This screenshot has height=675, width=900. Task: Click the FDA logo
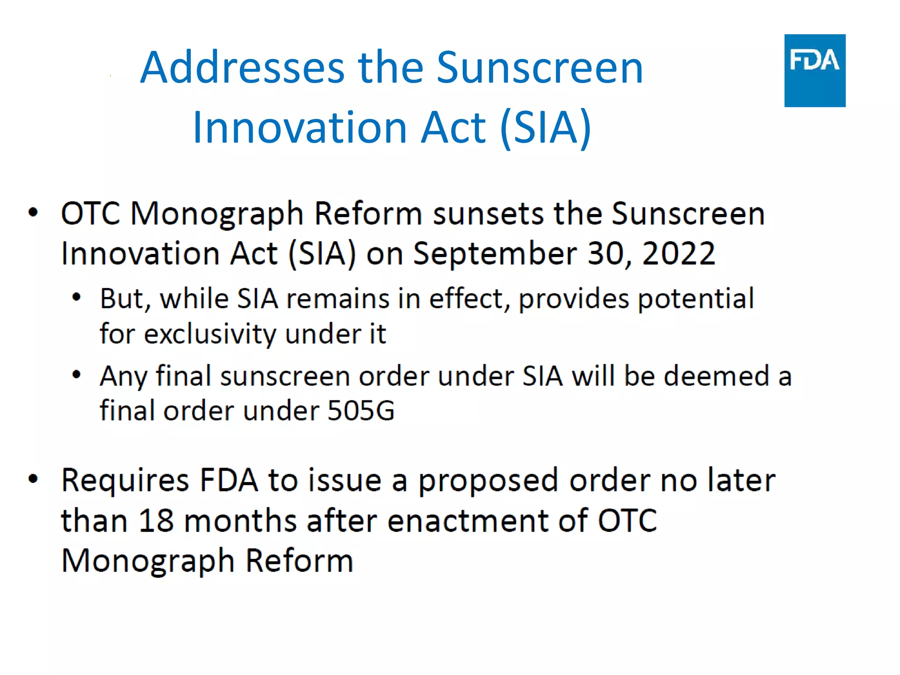[814, 70]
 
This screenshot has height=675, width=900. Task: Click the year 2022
[679, 254]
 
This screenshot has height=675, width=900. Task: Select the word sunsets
[488, 214]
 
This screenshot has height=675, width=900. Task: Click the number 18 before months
[156, 521]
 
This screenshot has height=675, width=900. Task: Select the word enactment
[468, 521]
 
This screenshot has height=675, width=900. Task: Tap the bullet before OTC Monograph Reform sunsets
[33, 213]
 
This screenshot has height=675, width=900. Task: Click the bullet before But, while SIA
[76, 298]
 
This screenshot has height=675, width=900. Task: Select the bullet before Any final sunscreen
[76, 375]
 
